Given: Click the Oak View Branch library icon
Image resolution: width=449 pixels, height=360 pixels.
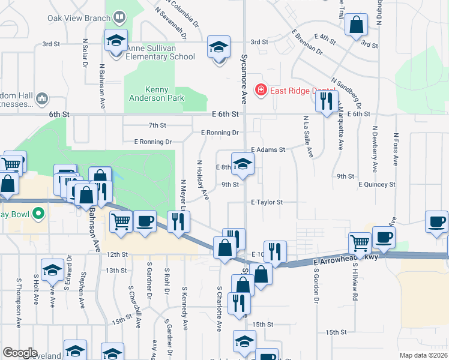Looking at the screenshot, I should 119,17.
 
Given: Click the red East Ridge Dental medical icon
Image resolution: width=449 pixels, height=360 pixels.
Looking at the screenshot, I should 261,91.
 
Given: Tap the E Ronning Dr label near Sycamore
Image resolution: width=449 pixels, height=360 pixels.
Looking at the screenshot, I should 220,133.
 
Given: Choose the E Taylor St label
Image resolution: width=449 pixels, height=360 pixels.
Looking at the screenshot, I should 267,203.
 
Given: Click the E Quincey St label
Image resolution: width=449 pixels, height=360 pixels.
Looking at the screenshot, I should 377,185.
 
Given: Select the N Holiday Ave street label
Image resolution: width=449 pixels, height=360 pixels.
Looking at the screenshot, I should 203,179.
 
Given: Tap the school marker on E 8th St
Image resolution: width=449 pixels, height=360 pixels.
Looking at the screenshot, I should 243,164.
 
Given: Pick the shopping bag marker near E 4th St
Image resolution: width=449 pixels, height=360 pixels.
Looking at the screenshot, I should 357,25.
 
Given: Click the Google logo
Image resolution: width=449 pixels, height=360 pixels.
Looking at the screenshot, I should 20,353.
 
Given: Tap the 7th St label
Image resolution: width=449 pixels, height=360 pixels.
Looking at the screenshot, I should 157,125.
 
